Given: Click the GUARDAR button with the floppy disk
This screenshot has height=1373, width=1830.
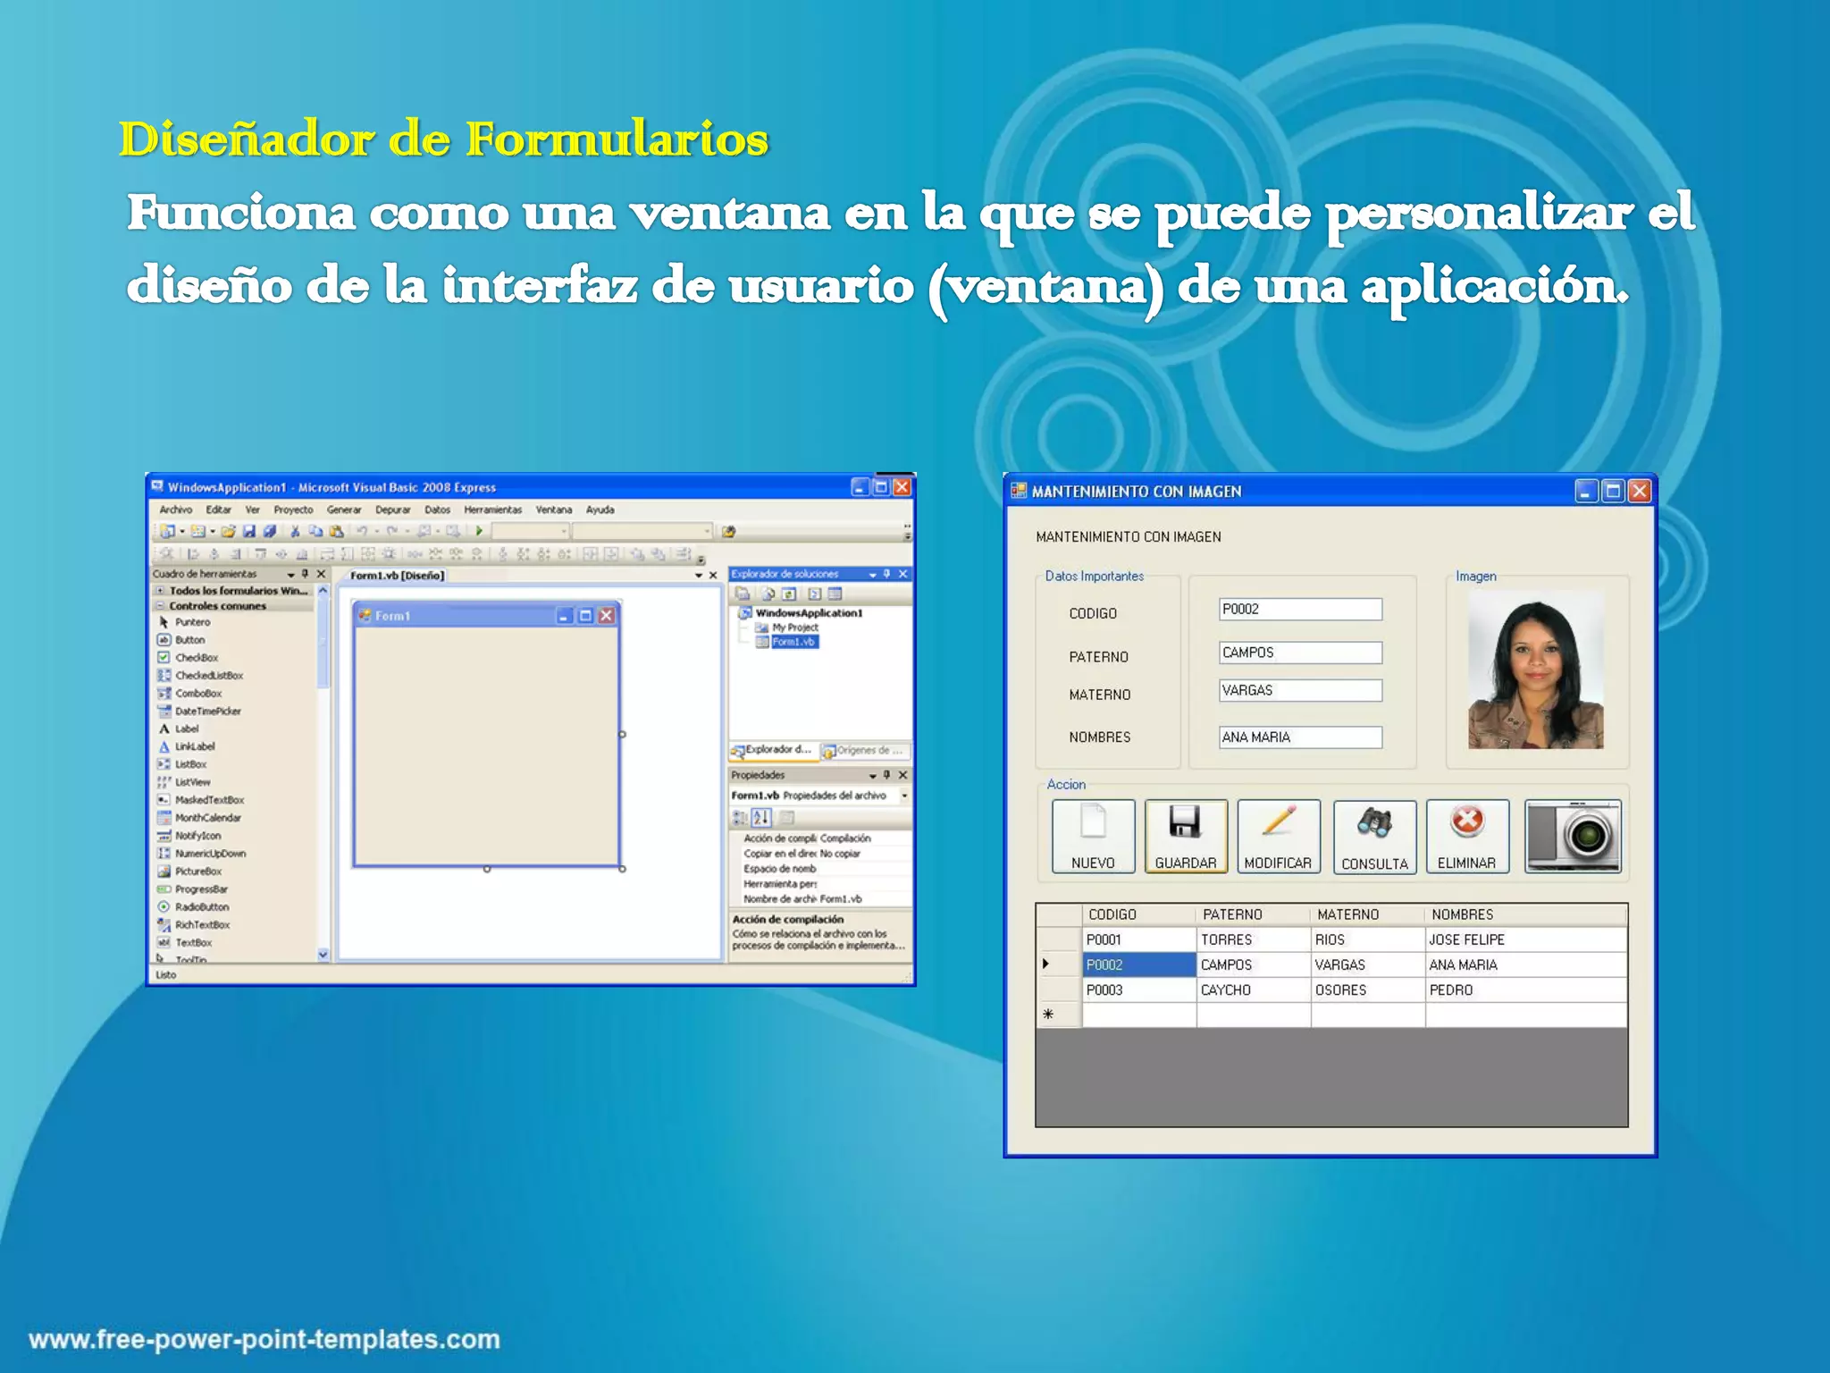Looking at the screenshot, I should click(x=1185, y=837).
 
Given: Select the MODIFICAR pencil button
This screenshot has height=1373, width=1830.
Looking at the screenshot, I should click(x=1278, y=837).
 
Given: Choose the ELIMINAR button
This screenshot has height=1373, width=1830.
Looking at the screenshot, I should click(x=1466, y=837).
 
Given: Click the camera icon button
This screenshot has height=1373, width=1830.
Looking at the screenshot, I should click(x=1572, y=837).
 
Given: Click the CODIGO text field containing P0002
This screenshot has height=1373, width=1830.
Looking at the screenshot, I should click(x=1299, y=610).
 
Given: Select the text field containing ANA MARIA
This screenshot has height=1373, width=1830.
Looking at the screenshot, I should click(x=1299, y=737).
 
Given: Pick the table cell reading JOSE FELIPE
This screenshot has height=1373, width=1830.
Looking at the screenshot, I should click(x=1466, y=939).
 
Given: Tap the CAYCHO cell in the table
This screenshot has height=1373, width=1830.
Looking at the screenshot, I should click(x=1225, y=990).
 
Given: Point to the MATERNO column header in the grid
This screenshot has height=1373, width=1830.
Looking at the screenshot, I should click(x=1347, y=914).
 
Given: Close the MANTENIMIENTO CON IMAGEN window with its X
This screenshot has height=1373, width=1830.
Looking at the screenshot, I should click(x=1639, y=491).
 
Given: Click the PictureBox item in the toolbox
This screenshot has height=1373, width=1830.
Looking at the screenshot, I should click(x=197, y=872).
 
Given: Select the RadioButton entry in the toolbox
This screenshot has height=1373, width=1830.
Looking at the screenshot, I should click(x=201, y=907).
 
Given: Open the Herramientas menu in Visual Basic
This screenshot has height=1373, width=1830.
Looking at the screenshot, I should click(x=492, y=510).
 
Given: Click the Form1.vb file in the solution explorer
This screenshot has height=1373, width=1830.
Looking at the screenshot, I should click(x=793, y=642).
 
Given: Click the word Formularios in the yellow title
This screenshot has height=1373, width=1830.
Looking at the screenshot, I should click(x=617, y=139).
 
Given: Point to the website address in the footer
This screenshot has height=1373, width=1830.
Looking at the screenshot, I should click(x=264, y=1339).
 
